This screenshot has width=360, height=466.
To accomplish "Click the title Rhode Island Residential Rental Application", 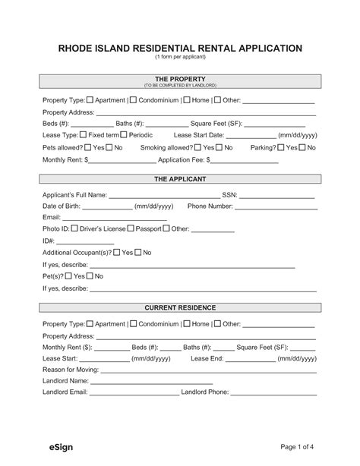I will (180, 48).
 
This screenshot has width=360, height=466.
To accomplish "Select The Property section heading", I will (180, 79).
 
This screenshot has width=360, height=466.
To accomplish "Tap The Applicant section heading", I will (180, 180).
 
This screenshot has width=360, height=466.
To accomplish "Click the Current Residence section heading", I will (180, 307).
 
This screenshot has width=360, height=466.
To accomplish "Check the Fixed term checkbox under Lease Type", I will (84, 134).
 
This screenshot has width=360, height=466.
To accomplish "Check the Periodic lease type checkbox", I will (124, 134).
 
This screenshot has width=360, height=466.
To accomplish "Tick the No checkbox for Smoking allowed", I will (219, 147).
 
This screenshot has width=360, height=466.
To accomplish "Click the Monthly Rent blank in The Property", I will (122, 161).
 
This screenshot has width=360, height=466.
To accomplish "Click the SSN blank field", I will (276, 195).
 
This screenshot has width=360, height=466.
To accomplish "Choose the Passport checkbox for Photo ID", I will (131, 228).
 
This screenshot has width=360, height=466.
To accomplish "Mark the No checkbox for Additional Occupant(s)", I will (139, 252).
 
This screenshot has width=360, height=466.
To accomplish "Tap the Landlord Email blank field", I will (134, 393).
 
